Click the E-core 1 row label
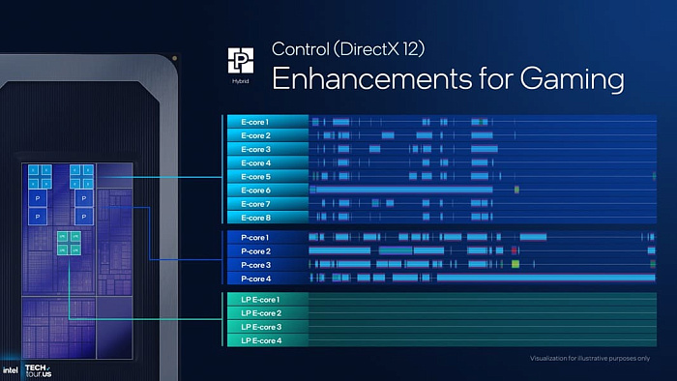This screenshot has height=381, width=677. coord(254,122)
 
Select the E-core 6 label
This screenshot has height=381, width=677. coord(254,190)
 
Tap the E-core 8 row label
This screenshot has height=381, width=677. coord(254,218)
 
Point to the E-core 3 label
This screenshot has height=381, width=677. coord(254,149)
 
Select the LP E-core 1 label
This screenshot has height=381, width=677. coord(260,300)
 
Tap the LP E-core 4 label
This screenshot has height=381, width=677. coord(260,340)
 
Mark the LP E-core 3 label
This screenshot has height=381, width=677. coord(260,327)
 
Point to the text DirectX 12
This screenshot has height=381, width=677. coord(385,48)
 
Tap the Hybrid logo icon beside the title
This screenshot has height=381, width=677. coord(239,61)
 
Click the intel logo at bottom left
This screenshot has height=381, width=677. coord(10,369)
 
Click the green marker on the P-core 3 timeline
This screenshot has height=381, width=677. coord(516,264)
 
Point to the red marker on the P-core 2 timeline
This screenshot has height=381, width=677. coord(515,250)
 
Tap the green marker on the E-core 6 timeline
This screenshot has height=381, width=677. coord(518,190)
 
